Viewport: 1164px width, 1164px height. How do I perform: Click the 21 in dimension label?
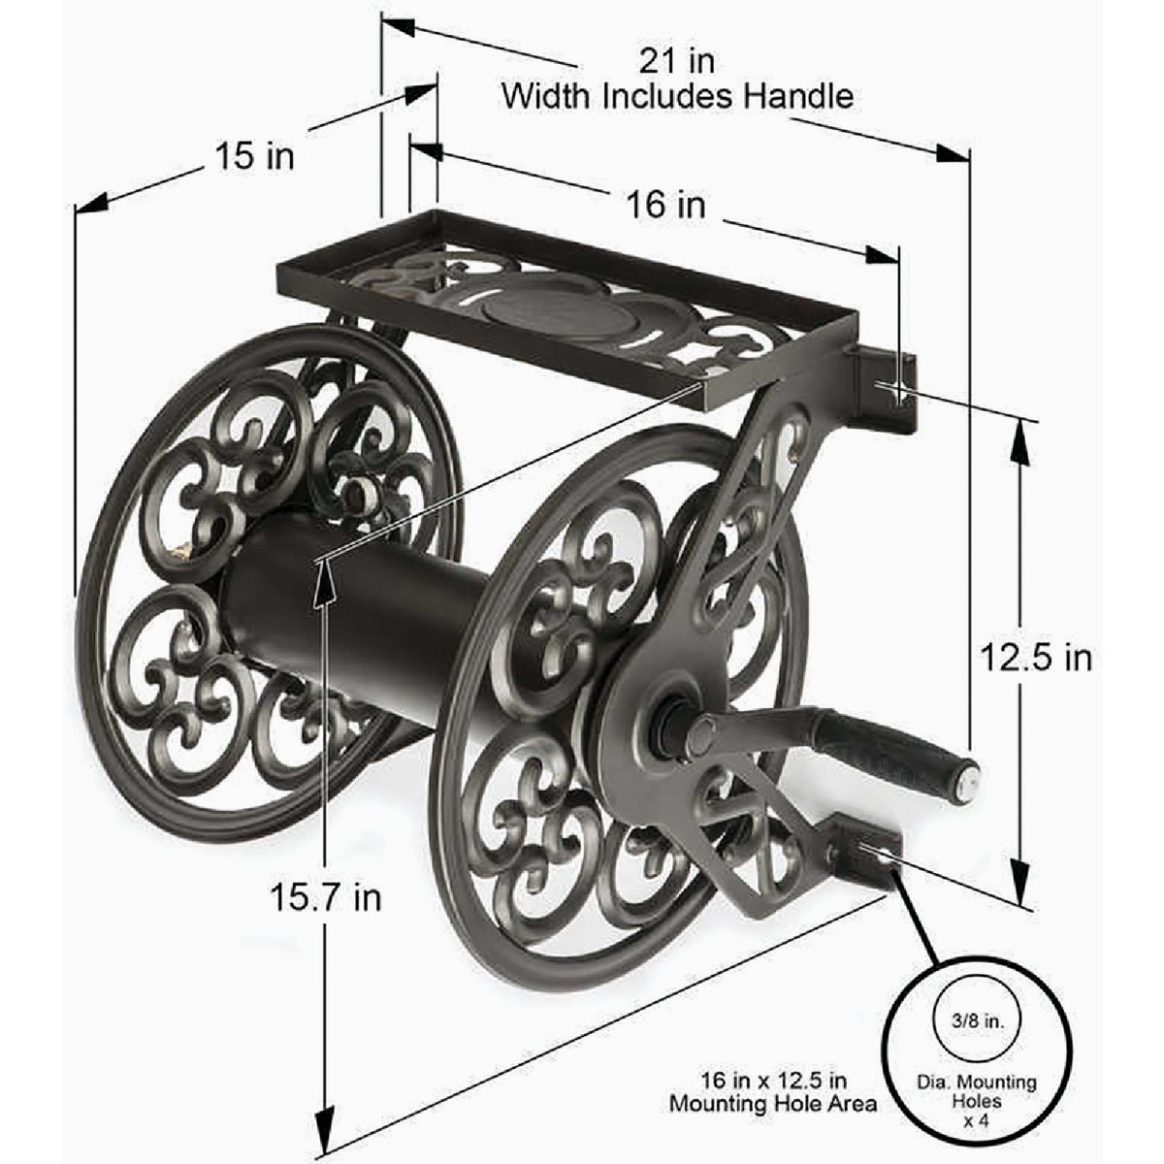676,61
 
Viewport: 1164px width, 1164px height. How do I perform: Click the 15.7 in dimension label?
325,897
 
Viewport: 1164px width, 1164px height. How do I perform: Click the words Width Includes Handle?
676,96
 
